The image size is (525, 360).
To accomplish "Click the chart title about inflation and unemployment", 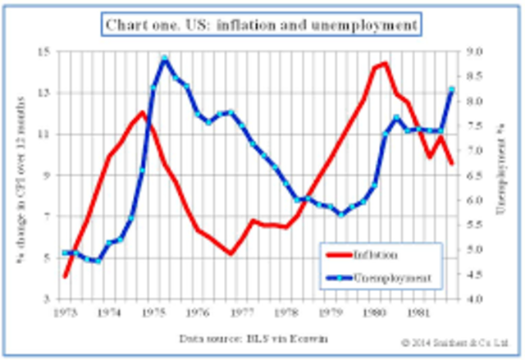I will click(x=263, y=25).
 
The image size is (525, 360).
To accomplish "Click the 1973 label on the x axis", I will click(x=64, y=312).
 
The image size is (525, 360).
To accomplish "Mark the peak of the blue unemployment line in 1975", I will click(x=165, y=59).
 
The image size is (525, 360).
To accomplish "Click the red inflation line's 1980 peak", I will click(x=385, y=63).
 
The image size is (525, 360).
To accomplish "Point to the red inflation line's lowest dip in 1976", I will click(x=231, y=253).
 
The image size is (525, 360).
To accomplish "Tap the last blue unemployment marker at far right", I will click(x=451, y=89).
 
